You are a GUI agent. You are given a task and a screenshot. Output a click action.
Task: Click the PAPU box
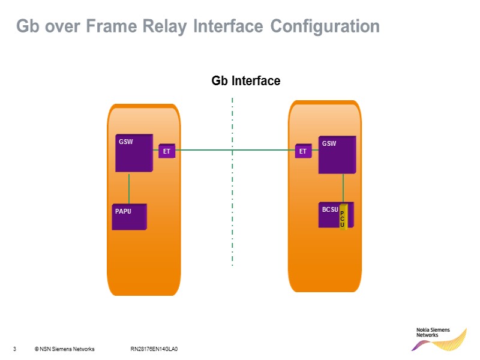point(130,217)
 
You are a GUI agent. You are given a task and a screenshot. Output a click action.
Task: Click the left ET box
point(167,152)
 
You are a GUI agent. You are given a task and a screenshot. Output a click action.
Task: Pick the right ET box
point(303,152)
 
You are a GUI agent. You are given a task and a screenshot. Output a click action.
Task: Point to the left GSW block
point(133,154)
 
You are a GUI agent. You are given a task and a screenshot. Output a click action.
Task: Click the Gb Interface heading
point(246,80)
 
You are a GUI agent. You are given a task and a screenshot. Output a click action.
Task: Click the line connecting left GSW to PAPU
point(129,189)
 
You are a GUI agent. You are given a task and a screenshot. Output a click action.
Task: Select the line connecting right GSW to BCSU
point(343,188)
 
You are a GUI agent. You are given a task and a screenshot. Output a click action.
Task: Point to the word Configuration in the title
point(325,27)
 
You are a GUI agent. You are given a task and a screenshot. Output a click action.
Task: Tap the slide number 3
point(14,349)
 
